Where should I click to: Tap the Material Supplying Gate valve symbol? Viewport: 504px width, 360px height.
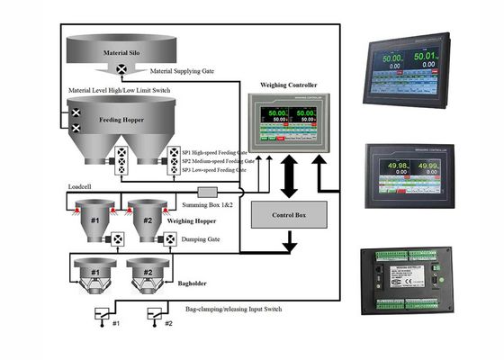tap(121, 68)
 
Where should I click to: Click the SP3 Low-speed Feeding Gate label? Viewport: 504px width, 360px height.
tap(215, 169)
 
